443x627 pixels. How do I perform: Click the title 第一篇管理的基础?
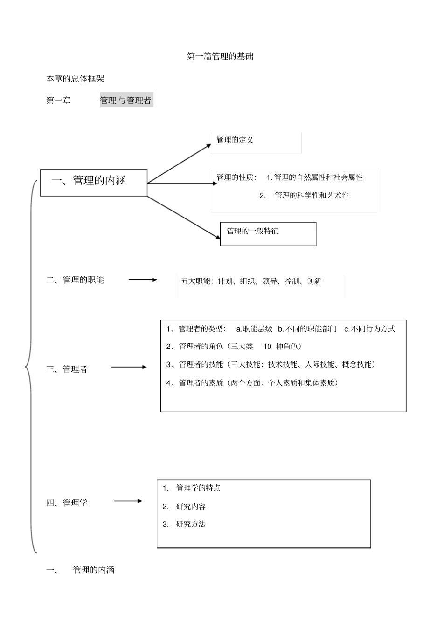click(x=220, y=56)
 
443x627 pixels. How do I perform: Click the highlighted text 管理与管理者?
click(x=126, y=101)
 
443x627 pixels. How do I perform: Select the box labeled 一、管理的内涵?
click(x=94, y=182)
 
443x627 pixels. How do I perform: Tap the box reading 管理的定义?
click(x=256, y=142)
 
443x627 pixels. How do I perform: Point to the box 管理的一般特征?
click(x=268, y=234)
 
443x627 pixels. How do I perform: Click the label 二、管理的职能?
click(x=75, y=280)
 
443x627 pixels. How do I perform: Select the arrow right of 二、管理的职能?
click(x=143, y=280)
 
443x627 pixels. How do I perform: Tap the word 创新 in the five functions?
click(x=314, y=281)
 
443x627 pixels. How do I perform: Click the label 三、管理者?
click(x=67, y=369)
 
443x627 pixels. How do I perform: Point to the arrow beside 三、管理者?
click(x=128, y=367)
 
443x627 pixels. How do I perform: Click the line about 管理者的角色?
click(x=234, y=346)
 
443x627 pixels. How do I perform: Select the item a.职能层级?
click(x=254, y=329)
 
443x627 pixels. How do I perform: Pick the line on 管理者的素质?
click(x=252, y=383)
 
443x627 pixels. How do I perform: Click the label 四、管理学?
click(x=67, y=503)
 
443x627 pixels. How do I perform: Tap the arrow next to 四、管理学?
click(x=128, y=501)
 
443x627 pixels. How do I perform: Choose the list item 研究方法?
click(x=191, y=524)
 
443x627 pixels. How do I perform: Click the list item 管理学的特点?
click(x=198, y=488)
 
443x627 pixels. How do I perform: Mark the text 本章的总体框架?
click(x=75, y=79)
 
